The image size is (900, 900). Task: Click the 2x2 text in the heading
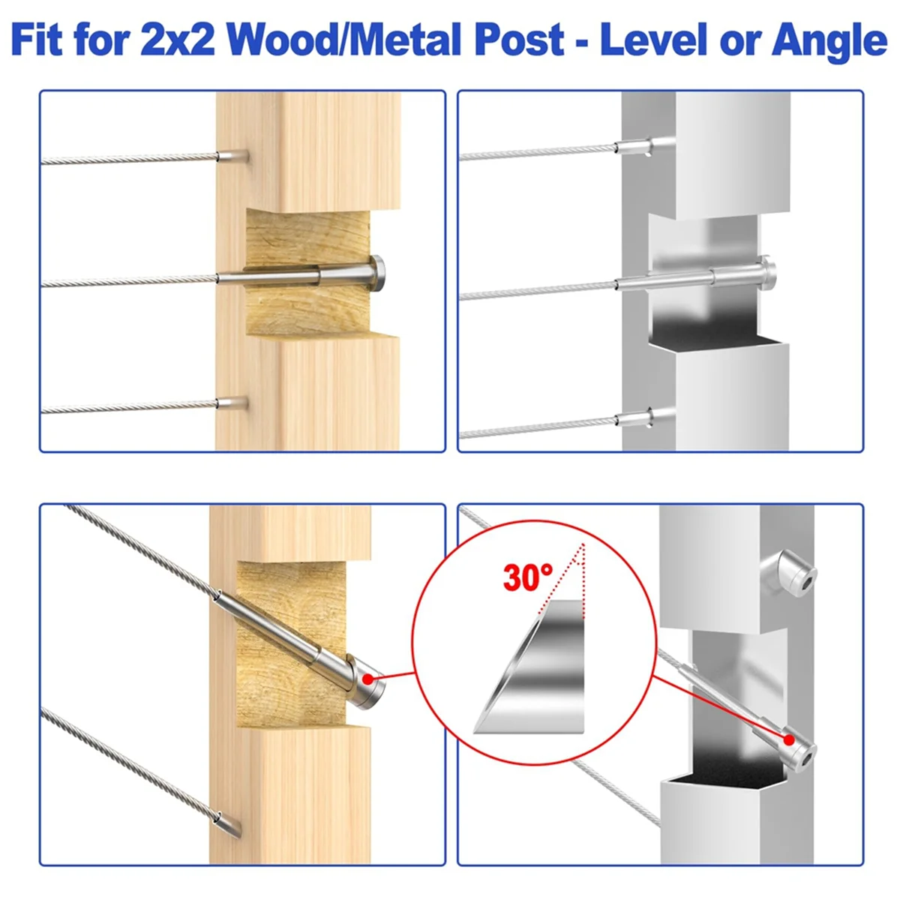point(178,41)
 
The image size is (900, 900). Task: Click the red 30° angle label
point(528,577)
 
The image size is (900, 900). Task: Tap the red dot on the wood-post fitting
point(368,679)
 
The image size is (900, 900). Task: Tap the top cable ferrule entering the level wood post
point(232,155)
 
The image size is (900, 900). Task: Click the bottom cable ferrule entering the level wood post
point(232,402)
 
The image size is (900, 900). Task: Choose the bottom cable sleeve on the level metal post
point(634,418)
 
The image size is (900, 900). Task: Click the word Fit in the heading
point(37,40)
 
